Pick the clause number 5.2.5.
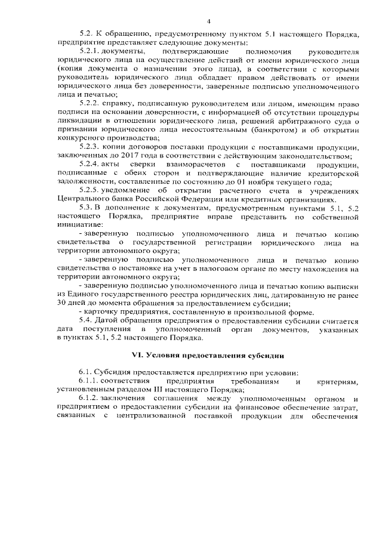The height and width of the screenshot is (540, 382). pyautogui.click(x=89, y=191)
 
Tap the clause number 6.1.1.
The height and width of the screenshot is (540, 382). pyautogui.click(x=89, y=381)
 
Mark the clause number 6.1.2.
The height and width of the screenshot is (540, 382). pyautogui.click(x=89, y=399)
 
